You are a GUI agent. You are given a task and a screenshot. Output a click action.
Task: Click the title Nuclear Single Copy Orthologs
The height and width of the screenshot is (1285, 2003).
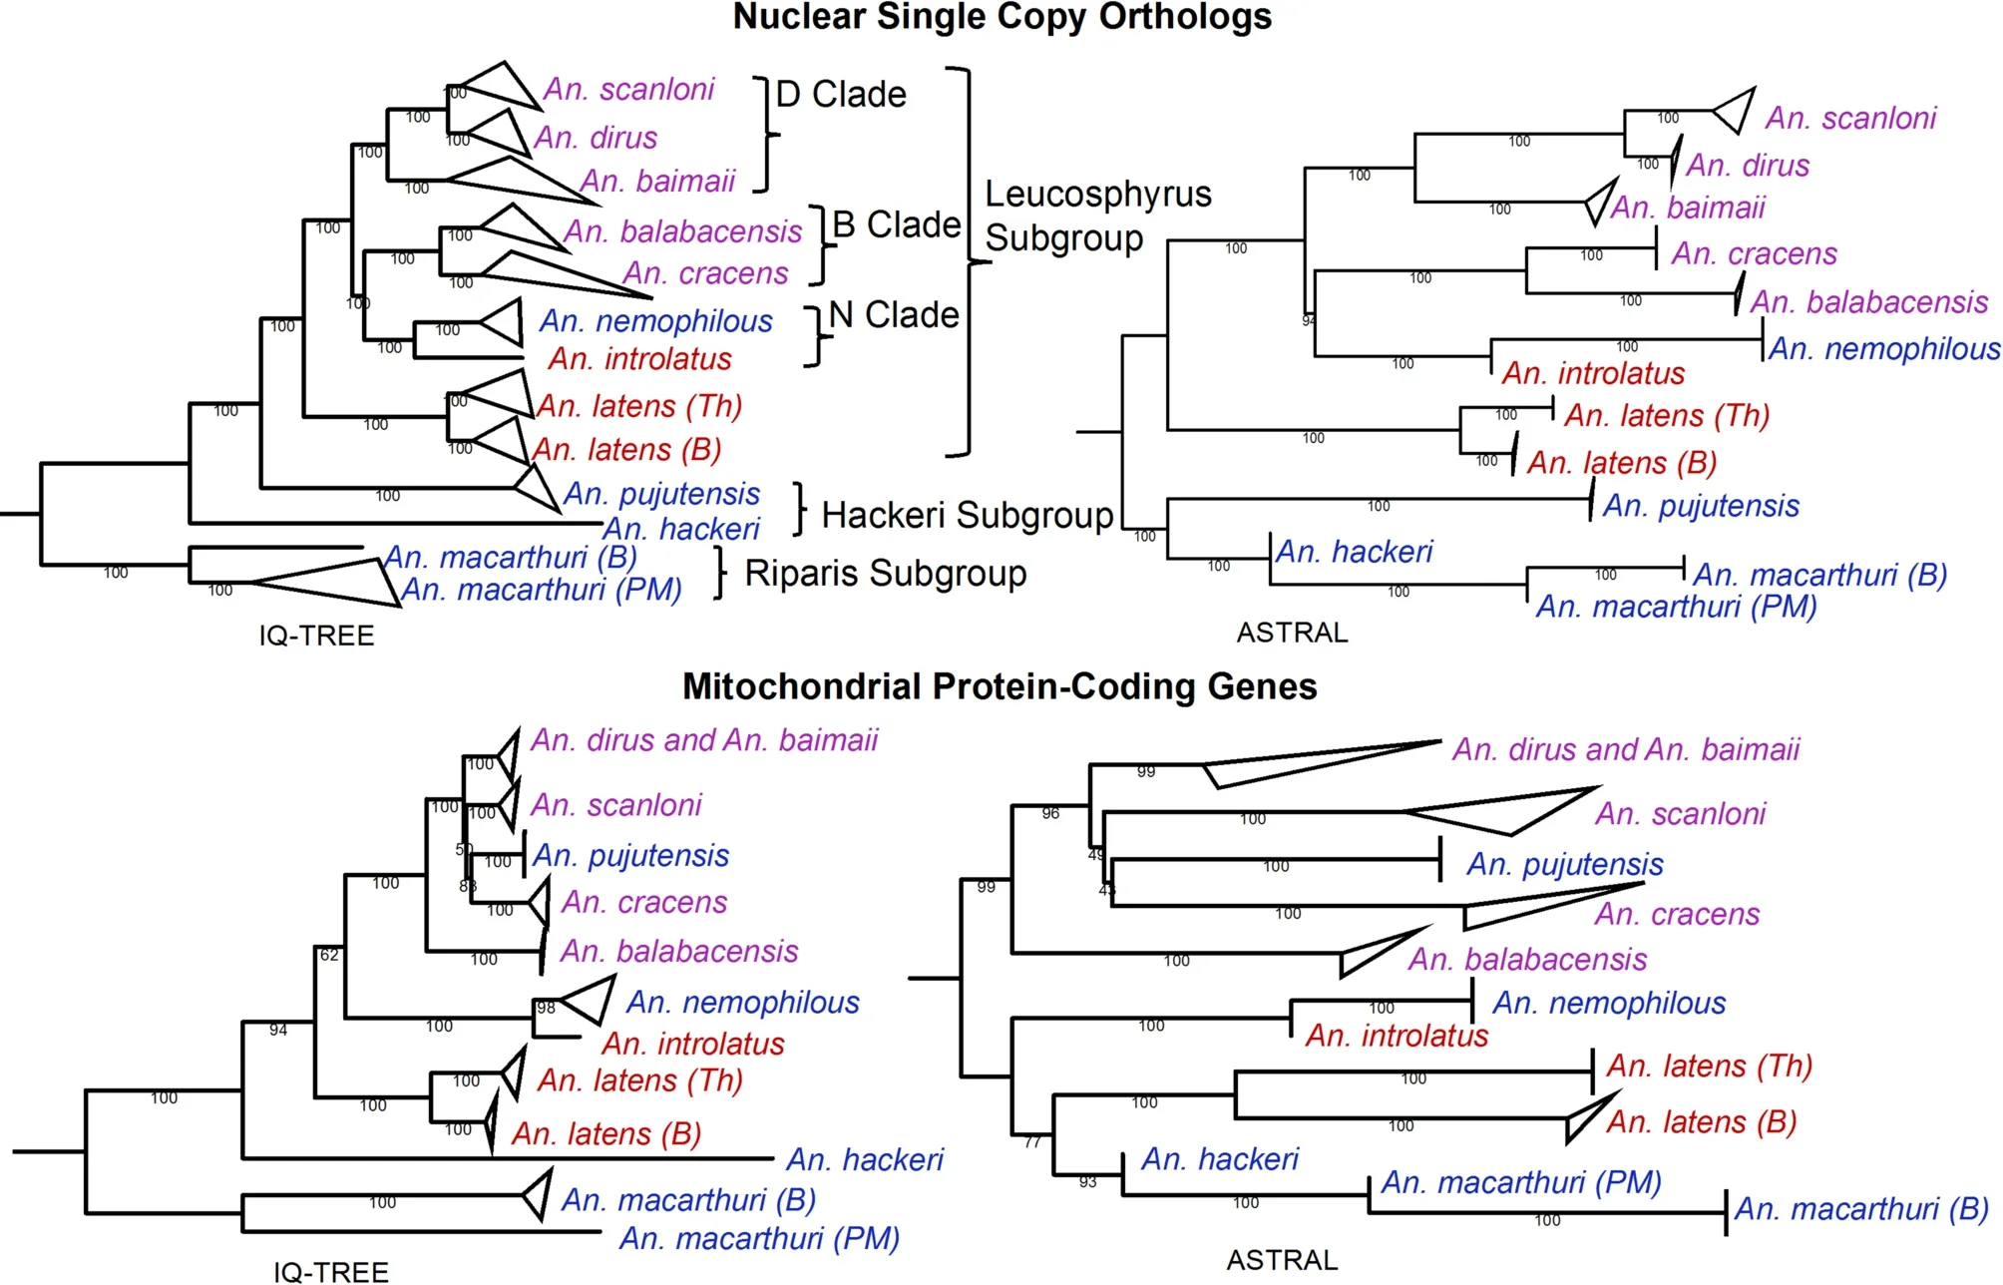1001,17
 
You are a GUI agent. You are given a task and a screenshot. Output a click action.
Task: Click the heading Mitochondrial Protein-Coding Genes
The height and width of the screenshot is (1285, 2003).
1000,686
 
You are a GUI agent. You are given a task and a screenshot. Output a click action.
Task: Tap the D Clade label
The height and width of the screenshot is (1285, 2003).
840,95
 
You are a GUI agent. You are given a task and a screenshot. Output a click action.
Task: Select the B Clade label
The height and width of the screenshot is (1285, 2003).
896,225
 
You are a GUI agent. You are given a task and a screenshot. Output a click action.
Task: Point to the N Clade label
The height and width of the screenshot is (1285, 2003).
893,315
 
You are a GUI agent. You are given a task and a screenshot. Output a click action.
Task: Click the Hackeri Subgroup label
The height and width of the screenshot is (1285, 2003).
967,515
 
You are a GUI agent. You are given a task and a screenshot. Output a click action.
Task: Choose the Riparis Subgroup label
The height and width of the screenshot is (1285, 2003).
885,574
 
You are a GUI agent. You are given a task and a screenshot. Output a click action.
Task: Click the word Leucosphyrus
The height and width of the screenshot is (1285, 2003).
1097,195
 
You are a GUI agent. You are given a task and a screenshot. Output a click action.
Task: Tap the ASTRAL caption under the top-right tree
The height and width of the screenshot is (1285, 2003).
1292,633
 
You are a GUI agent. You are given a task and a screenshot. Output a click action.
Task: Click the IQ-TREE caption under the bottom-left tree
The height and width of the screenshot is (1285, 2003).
330,1271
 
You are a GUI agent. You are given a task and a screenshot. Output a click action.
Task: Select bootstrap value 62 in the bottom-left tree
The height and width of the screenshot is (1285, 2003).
329,955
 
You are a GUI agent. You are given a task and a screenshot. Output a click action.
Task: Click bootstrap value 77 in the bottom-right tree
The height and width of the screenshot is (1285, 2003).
1032,1142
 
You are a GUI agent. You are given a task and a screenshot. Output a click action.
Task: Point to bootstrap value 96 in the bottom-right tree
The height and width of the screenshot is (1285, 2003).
1050,813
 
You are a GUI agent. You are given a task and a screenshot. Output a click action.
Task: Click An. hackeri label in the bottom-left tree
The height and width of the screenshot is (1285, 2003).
864,1159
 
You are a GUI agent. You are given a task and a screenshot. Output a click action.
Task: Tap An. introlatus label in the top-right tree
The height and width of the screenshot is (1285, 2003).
1593,374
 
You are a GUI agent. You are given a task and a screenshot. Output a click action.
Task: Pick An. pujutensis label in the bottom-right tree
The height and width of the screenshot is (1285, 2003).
1564,864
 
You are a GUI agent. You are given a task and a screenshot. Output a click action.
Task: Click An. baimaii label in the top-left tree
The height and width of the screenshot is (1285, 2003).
657,182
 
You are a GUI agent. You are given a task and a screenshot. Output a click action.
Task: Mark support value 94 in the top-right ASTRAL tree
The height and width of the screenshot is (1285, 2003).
1308,320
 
